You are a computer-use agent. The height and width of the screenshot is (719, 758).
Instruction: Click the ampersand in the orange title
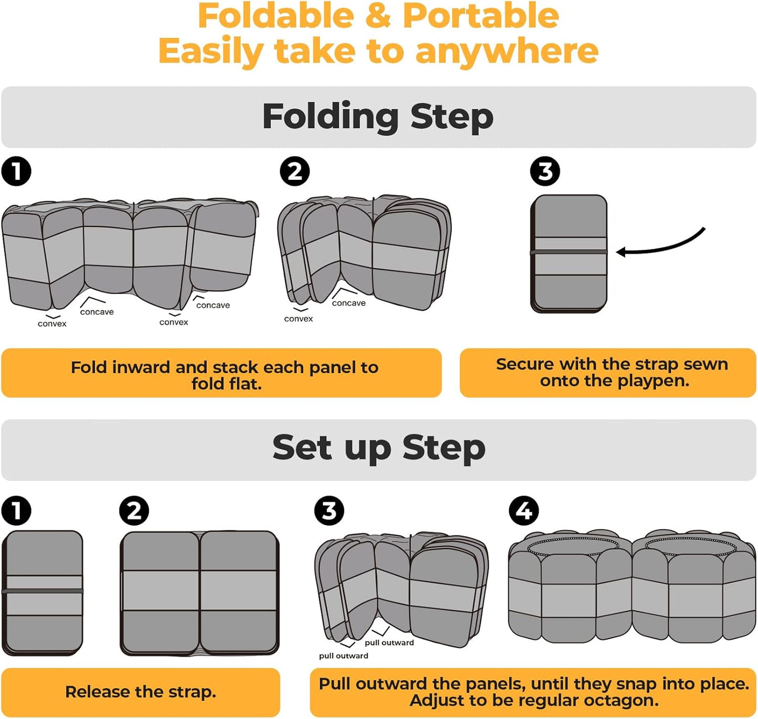(379, 16)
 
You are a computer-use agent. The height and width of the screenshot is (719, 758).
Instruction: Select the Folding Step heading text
(378, 117)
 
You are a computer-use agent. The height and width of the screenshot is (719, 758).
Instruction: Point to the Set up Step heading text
(379, 449)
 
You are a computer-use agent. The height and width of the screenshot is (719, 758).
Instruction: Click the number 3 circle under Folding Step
(545, 171)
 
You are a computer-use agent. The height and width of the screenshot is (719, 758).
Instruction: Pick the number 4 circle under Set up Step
(524, 510)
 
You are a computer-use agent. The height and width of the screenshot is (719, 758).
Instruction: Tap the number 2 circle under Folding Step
(295, 171)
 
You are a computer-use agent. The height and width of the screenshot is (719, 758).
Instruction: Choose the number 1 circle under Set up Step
(16, 510)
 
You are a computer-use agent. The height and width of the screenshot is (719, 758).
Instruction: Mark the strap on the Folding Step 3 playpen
(569, 252)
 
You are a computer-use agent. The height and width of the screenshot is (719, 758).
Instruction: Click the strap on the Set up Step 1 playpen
(42, 591)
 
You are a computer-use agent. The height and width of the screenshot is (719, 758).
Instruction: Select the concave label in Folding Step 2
(348, 303)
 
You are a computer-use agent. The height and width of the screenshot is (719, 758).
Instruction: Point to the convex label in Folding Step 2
(298, 319)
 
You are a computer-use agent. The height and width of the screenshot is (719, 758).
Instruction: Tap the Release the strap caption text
(141, 692)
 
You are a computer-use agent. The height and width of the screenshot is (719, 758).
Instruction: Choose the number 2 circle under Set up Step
(134, 510)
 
